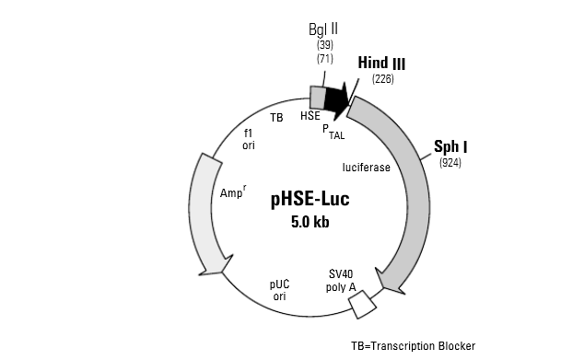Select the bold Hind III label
[x=380, y=64]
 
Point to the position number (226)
[x=382, y=79]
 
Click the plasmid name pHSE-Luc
[x=310, y=199]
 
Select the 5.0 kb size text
[x=310, y=221]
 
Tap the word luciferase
[x=366, y=168]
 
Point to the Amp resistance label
[x=235, y=192]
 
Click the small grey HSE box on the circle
[x=317, y=97]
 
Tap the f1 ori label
[x=249, y=139]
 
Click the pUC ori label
[x=279, y=290]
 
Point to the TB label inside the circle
[x=276, y=117]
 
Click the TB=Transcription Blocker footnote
[x=413, y=346]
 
